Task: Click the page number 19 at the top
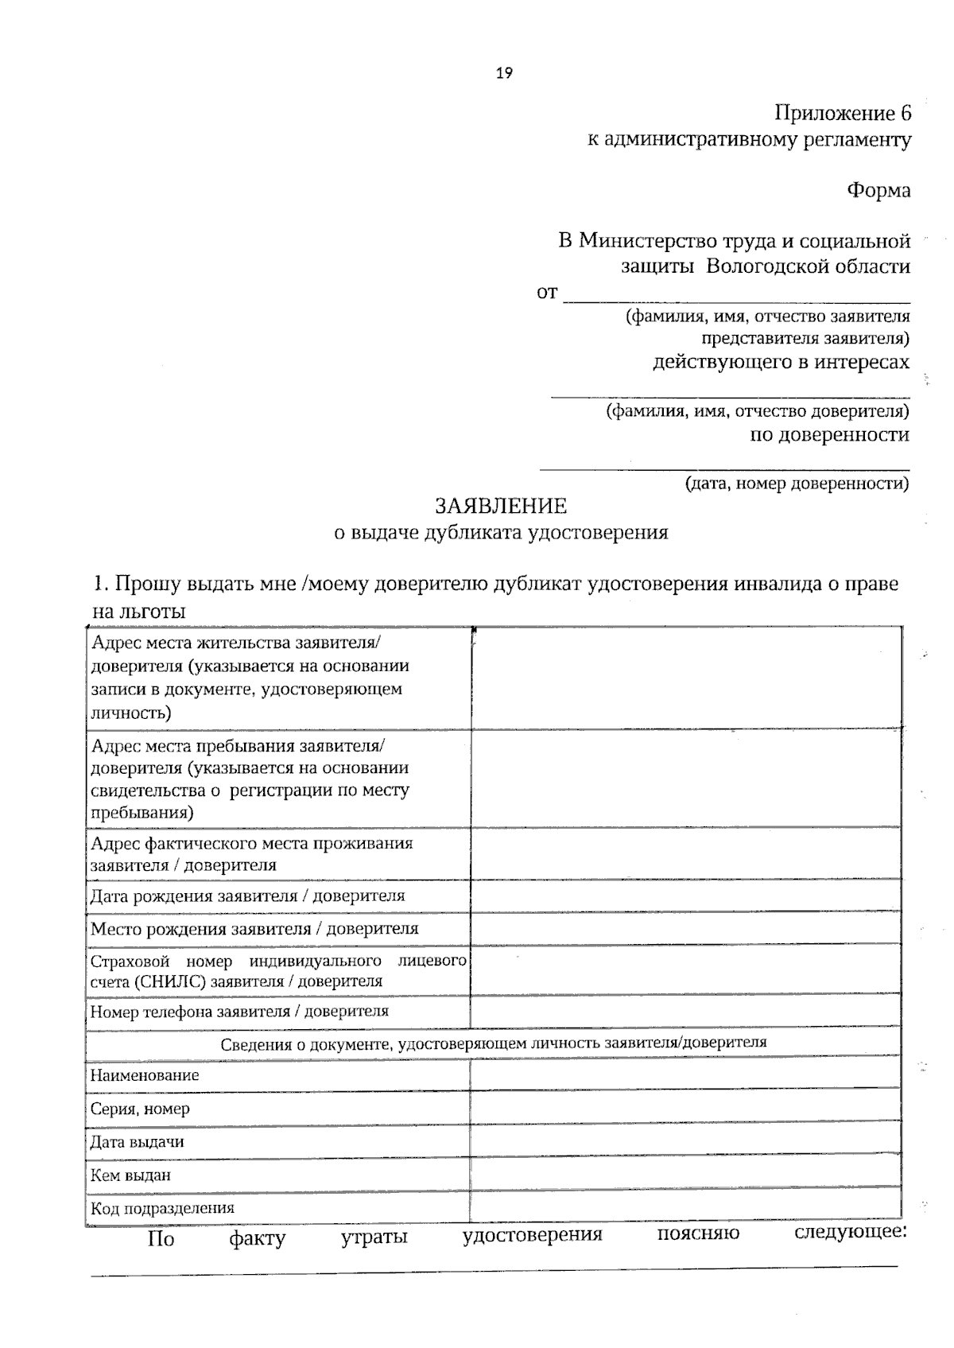pos(504,73)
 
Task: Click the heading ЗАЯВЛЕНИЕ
pos(501,506)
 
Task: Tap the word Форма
pos(878,191)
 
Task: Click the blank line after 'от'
pos(736,294)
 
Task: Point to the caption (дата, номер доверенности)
pos(797,483)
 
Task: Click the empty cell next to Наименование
pos(685,1075)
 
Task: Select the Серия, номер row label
pos(140,1109)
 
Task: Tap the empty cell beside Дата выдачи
pos(685,1142)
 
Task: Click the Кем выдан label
pos(130,1175)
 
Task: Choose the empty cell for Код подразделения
pos(685,1207)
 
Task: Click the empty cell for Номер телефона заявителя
pos(685,1012)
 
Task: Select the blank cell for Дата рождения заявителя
pos(685,895)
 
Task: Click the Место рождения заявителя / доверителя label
pos(254,929)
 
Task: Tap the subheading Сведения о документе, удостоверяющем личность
pos(493,1043)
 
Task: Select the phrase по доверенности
pos(830,435)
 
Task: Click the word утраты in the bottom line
pos(374,1238)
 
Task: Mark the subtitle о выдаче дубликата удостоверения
pos(501,533)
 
